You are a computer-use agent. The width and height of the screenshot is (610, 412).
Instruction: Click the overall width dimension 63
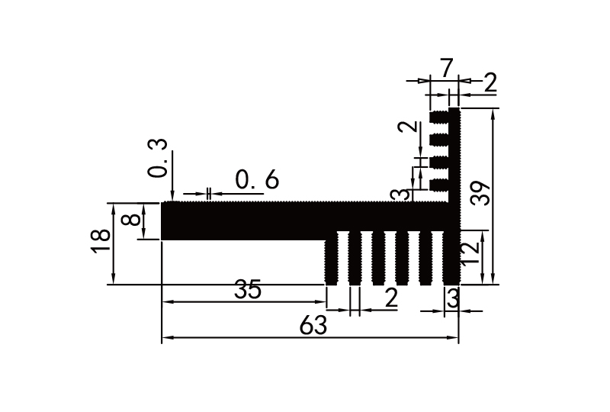(313, 326)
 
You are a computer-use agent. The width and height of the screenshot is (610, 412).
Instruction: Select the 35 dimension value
(248, 291)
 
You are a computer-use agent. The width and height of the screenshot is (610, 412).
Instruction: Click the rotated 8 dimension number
(132, 220)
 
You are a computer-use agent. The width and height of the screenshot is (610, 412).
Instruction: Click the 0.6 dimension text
(257, 181)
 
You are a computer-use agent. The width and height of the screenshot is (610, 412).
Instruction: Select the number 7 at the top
(446, 69)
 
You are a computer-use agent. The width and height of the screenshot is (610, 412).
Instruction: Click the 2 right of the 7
(490, 83)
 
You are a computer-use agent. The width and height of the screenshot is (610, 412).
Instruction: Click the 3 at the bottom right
(452, 299)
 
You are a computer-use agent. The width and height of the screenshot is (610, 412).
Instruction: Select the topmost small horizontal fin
(439, 118)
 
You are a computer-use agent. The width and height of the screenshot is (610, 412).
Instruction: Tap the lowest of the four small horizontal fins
(439, 185)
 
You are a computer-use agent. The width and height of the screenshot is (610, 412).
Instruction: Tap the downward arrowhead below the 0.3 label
(173, 196)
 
